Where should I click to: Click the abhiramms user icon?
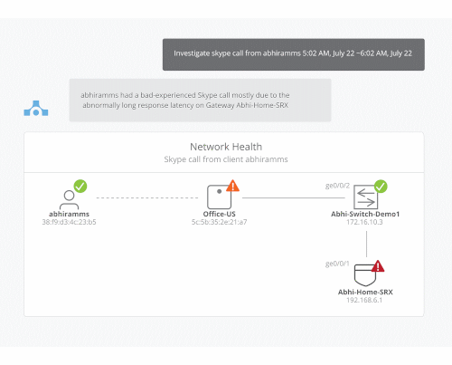click(69, 199)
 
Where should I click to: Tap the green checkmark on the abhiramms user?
click(80, 186)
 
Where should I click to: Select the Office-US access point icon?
click(219, 197)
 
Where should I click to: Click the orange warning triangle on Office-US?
click(232, 186)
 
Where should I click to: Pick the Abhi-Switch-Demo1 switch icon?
click(365, 197)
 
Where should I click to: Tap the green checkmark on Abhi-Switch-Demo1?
click(381, 187)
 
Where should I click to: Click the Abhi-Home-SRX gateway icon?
click(365, 275)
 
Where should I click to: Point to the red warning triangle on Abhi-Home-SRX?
click(378, 266)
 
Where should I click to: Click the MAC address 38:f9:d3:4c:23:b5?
click(69, 222)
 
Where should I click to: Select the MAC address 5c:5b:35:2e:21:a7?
click(220, 222)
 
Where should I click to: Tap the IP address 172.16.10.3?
click(364, 222)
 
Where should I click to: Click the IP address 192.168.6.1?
click(364, 300)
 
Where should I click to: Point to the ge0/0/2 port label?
click(337, 186)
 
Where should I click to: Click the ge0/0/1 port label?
click(337, 264)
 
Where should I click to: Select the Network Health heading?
click(226, 147)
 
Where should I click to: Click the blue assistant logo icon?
click(36, 108)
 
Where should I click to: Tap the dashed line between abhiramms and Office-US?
click(147, 197)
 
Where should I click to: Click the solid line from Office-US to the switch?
click(294, 198)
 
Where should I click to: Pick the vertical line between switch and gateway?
click(366, 244)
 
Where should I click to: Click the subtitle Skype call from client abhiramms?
click(226, 159)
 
